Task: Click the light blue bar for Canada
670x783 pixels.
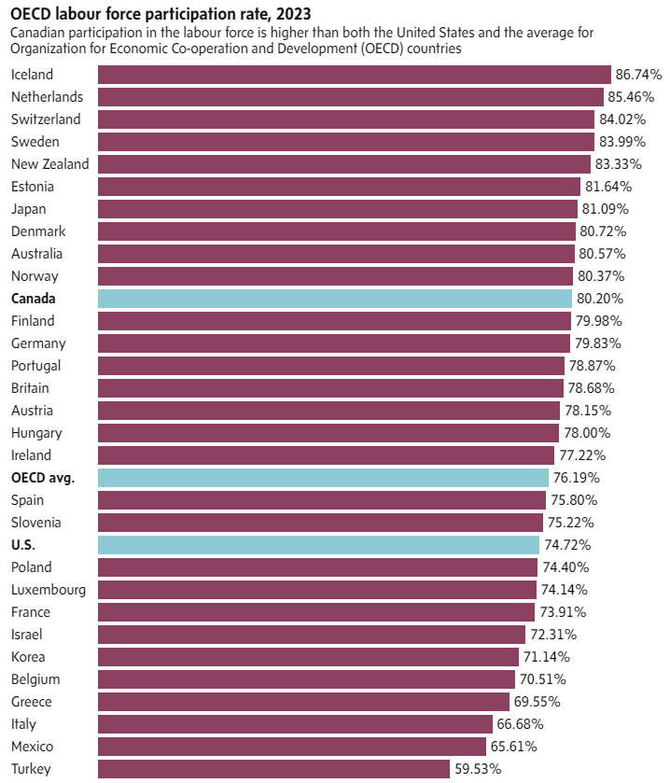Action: (334, 299)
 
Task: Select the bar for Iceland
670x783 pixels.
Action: (354, 75)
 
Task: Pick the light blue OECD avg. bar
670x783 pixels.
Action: (323, 478)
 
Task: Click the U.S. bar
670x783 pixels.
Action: (318, 545)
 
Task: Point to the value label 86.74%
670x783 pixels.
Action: (639, 75)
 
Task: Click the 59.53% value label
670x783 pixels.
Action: (477, 769)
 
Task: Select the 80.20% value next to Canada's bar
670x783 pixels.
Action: (599, 299)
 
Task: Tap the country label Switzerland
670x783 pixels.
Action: (46, 119)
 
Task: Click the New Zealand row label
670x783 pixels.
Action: (50, 164)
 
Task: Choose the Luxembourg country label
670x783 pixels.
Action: (49, 590)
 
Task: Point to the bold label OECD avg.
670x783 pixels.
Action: (42, 478)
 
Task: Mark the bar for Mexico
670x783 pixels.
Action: (292, 747)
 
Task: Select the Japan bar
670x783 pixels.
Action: (337, 209)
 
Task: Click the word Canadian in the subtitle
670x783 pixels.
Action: (39, 33)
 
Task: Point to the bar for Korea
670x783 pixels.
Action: (308, 657)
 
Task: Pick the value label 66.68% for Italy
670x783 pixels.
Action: (520, 724)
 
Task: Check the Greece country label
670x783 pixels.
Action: (32, 702)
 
